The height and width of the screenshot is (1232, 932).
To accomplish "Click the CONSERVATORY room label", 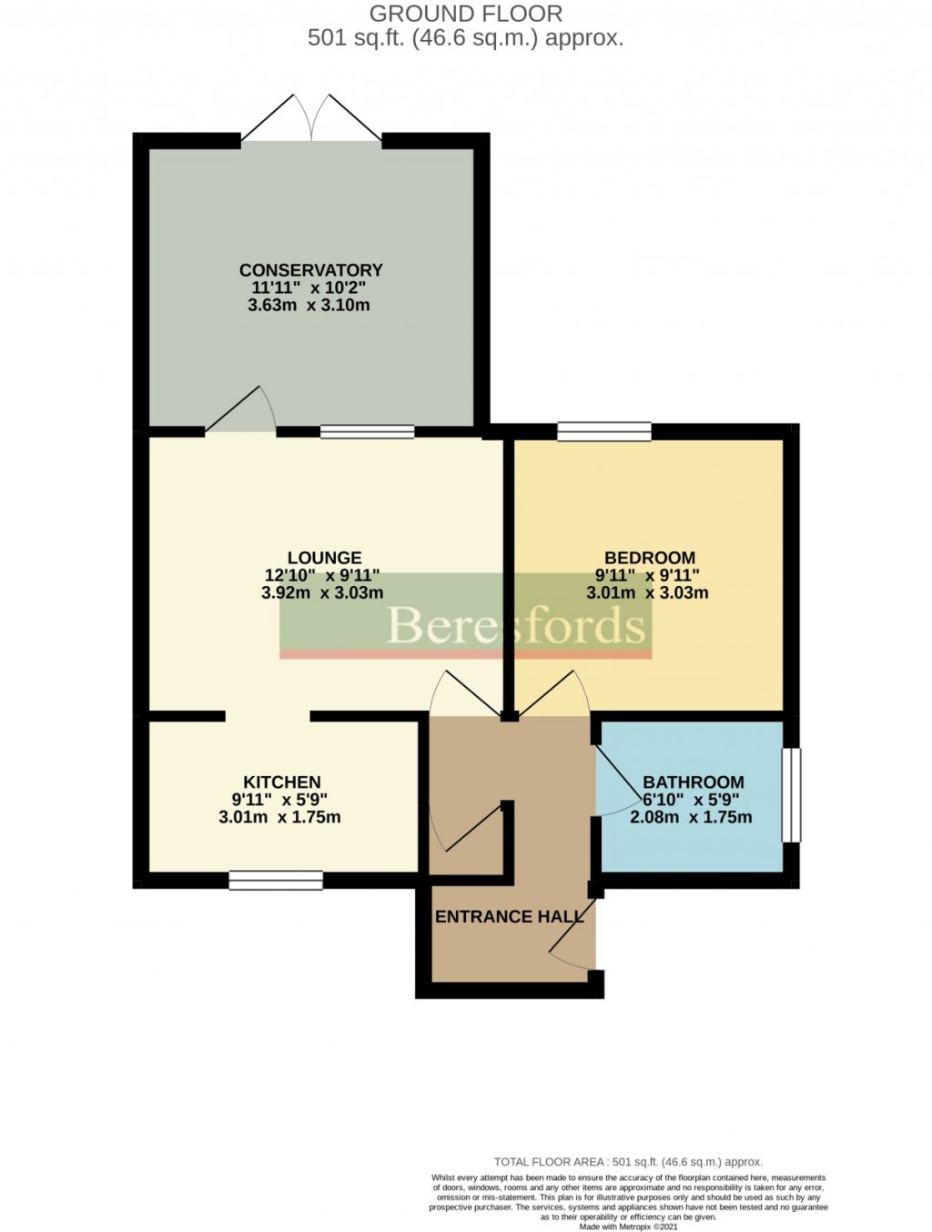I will point(310,270).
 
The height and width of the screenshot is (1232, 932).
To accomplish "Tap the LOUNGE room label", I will point(324,558).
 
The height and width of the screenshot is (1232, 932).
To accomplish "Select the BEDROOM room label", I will point(649,558).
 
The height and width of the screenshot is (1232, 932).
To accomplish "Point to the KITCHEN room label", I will point(281,782).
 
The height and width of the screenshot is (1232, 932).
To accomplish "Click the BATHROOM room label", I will point(693,782).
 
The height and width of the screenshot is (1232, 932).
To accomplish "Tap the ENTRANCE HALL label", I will point(508,916).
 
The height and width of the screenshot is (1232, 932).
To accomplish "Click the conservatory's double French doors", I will point(312,118).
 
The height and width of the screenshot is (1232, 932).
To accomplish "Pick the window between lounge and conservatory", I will point(367,432).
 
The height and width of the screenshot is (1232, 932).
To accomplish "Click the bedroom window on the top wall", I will point(604,431).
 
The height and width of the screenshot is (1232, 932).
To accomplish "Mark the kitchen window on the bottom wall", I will point(276,880).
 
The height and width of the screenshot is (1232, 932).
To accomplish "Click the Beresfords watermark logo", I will point(515,625).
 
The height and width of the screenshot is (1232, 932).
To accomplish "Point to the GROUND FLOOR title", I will point(465,14).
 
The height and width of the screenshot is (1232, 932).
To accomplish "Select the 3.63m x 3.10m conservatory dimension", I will point(309,306).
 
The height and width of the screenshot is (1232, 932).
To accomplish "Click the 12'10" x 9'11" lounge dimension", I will point(321,575).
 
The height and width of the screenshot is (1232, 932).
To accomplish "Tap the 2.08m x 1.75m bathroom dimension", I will point(691,817).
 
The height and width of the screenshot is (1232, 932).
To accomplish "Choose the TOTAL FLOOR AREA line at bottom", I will point(627,1162).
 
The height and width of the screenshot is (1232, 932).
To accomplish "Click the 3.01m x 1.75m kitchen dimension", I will point(279,817).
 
